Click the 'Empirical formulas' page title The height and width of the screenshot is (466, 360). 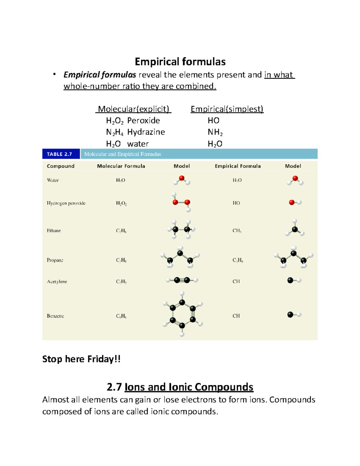tap(180, 62)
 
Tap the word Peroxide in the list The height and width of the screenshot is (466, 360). tap(143, 121)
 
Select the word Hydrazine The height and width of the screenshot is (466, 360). tap(146, 132)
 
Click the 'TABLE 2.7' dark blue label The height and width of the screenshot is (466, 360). tap(59, 154)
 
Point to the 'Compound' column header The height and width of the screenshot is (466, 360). tap(61, 166)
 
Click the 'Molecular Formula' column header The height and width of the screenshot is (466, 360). tap(121, 166)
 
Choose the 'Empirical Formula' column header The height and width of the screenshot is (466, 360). tap(238, 166)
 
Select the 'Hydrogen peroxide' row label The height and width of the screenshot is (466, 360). tap(66, 203)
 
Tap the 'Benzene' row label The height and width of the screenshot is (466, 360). tap(55, 316)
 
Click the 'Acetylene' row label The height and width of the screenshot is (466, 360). tap(57, 282)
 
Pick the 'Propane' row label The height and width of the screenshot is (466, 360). tap(55, 260)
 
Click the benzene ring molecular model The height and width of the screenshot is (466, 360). tap(182, 314)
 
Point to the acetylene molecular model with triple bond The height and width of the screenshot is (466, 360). tap(182, 280)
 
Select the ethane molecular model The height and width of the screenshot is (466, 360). tap(181, 230)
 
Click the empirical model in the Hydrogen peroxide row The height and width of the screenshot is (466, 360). tap(295, 203)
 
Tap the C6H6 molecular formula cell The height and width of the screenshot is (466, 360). tap(121, 316)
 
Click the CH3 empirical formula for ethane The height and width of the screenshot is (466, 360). tap(237, 231)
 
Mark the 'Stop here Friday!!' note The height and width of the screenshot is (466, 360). tap(81, 359)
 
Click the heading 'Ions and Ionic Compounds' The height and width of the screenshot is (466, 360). tap(189, 387)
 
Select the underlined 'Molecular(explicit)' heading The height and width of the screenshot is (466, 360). tap(133, 109)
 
